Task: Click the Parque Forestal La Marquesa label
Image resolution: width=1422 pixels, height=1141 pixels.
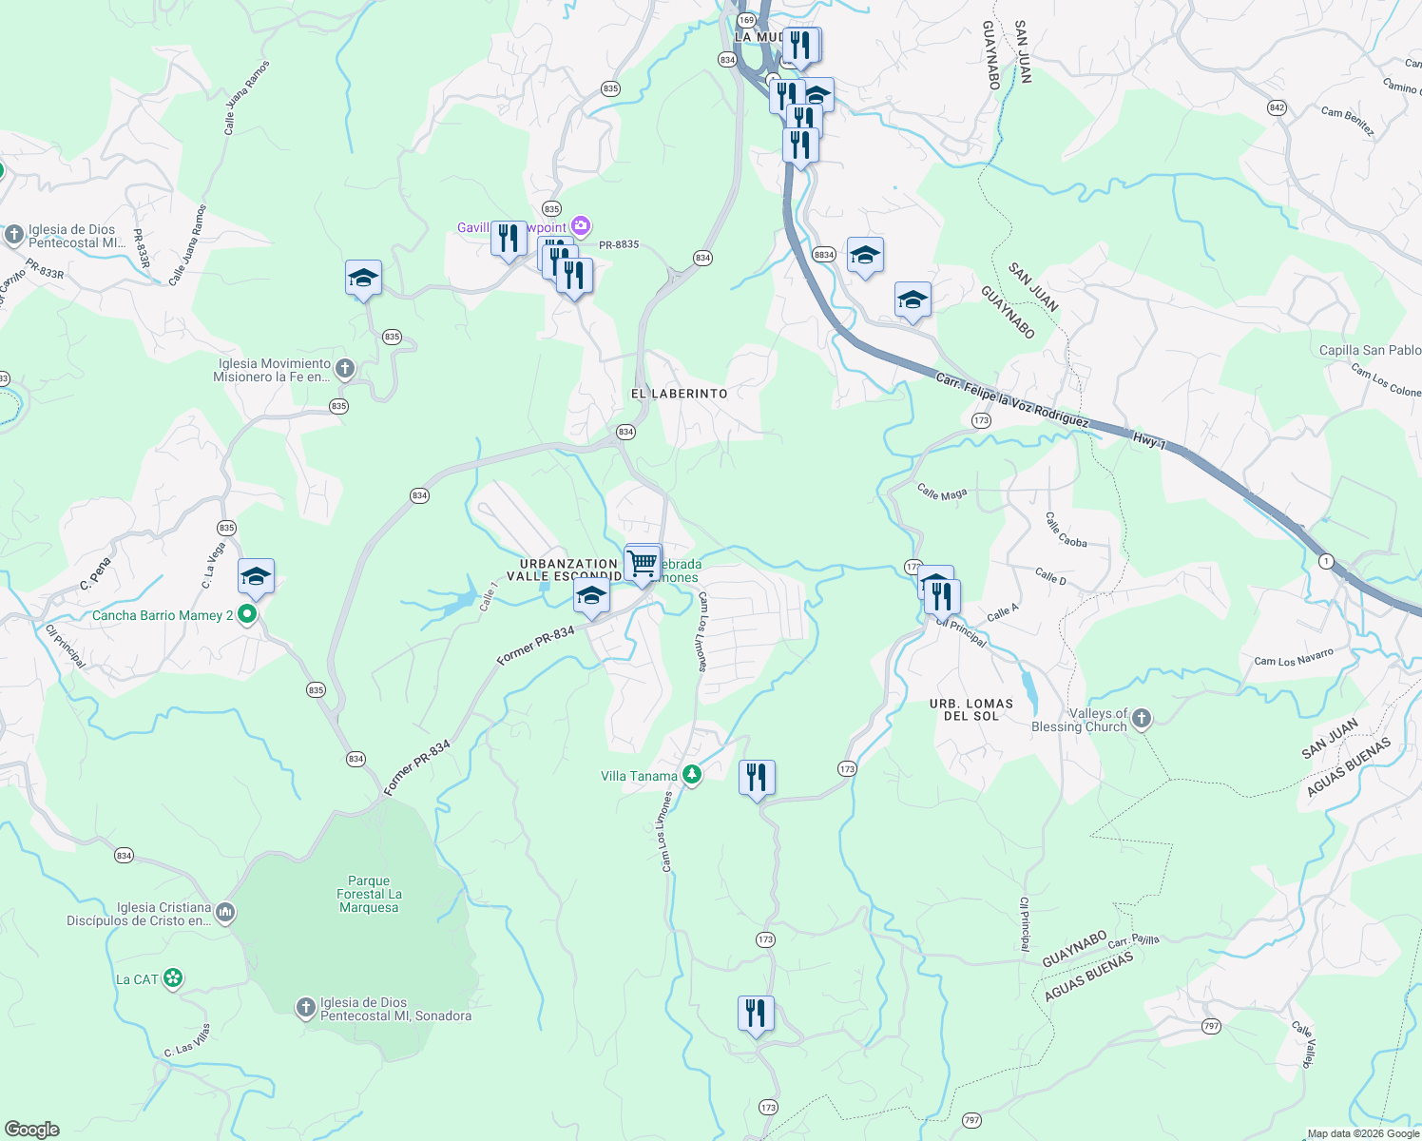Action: (369, 894)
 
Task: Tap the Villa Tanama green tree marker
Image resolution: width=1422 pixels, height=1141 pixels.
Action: (692, 776)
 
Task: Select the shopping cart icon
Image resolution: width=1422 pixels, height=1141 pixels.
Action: (643, 561)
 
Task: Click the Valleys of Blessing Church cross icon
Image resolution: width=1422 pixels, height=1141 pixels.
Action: (1142, 719)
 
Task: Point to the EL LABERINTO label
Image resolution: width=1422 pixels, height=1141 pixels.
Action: (679, 394)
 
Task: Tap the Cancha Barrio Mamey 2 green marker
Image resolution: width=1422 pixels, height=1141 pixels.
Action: (247, 615)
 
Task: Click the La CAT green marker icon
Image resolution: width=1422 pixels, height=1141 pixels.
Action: (172, 978)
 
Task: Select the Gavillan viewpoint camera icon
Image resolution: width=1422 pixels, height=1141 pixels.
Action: (581, 227)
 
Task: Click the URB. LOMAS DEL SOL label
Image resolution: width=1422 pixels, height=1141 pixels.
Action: (970, 709)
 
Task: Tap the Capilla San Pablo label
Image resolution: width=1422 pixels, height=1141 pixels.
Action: (1370, 351)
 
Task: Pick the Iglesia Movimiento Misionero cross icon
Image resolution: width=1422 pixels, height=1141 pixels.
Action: (345, 368)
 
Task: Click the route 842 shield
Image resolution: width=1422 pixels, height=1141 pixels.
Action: (1277, 108)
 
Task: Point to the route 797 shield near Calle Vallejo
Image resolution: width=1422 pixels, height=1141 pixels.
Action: (1210, 1026)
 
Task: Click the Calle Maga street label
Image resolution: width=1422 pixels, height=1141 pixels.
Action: (942, 493)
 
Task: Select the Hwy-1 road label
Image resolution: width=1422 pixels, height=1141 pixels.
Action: (1148, 440)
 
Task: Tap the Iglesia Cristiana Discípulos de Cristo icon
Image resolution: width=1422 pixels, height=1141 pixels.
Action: (225, 913)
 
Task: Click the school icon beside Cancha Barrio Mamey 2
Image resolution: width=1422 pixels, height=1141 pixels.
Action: (256, 576)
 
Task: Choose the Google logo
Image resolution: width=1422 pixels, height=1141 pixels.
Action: (32, 1130)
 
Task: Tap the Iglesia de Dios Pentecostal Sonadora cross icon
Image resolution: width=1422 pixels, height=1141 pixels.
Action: (305, 1008)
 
